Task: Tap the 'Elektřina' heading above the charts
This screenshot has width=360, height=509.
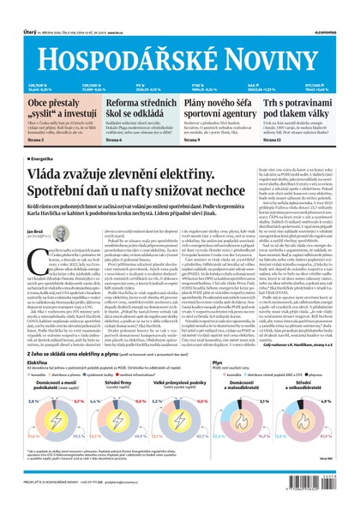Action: [x=37, y=362]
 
